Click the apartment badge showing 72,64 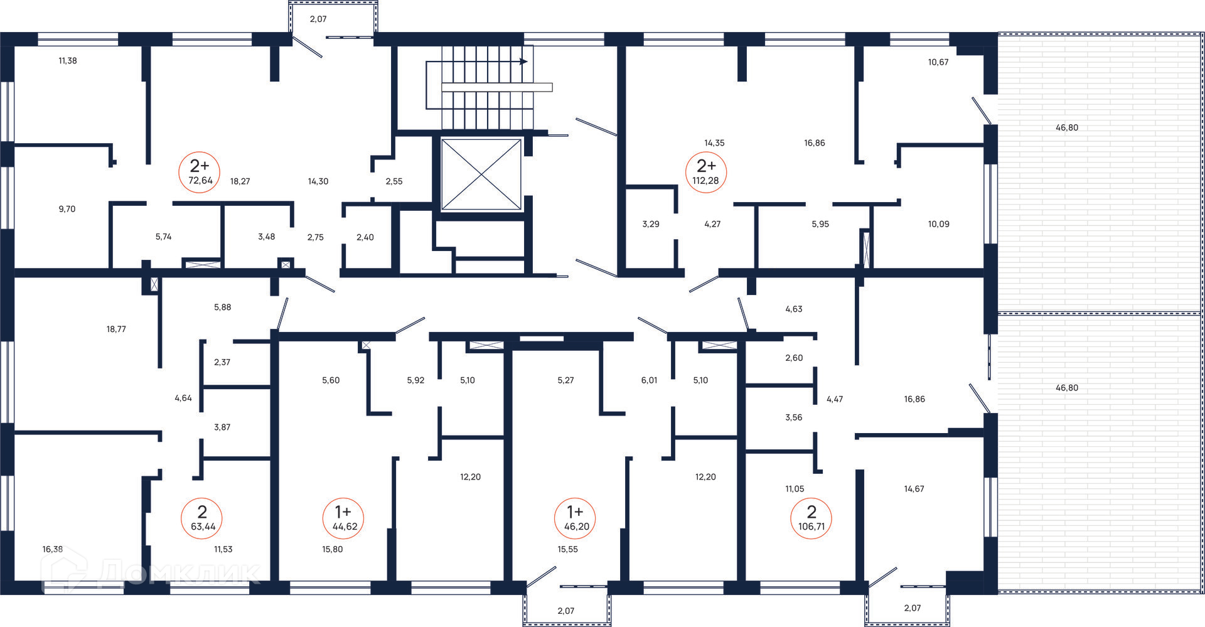200,172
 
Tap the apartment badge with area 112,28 705,172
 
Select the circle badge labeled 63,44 202,518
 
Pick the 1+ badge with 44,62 344,518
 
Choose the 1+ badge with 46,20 576,518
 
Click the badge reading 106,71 811,518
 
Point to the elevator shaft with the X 481,174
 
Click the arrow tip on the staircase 527,62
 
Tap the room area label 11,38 68,61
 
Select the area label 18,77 116,329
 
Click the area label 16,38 53,549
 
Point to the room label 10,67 938,62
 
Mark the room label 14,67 914,489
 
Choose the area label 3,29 651,224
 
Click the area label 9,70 67,209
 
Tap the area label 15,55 568,549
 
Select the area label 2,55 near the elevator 394,181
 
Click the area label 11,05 795,489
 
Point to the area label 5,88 223,308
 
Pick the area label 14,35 714,143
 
